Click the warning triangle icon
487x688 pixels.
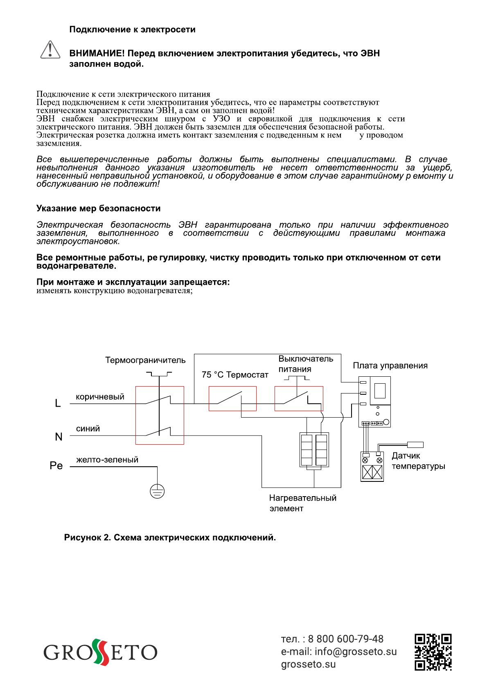tap(50, 50)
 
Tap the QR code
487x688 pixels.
tap(433, 652)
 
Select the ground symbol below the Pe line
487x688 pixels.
tap(157, 491)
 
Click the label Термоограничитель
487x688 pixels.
tap(145, 360)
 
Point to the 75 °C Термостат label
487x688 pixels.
tap(235, 375)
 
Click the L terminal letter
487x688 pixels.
tap(58, 403)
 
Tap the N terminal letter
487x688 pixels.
tap(59, 437)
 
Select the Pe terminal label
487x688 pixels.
tap(56, 466)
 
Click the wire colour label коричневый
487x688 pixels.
tap(100, 397)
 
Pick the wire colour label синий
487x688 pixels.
tap(88, 429)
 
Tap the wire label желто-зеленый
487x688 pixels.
tap(107, 460)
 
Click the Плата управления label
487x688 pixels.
tap(390, 366)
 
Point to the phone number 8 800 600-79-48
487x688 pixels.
tap(345, 639)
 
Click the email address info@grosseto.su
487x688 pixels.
tap(356, 652)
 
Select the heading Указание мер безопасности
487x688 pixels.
tap(98, 209)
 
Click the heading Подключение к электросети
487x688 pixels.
tap(132, 29)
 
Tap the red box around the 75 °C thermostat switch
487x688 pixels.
tap(232, 398)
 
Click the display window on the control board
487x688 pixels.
tap(380, 391)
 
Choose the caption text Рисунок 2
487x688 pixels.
tap(87, 537)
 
